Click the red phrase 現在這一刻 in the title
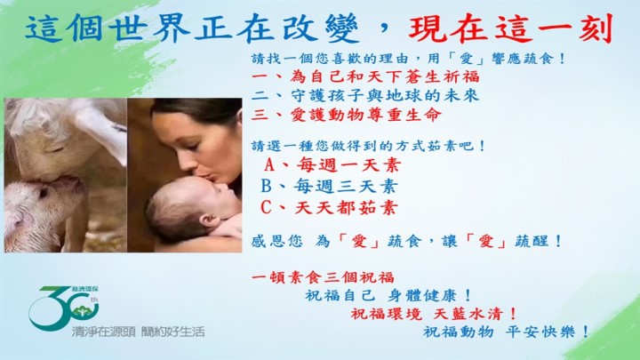pyautogui.click(x=511, y=29)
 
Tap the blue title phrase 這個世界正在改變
pyautogui.click(x=192, y=29)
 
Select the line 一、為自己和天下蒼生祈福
pyautogui.click(x=365, y=76)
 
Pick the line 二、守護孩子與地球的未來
pyautogui.click(x=365, y=95)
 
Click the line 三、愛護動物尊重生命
pyautogui.click(x=347, y=115)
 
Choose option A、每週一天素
pyautogui.click(x=332, y=165)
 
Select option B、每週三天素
pyautogui.click(x=329, y=186)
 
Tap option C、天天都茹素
pyautogui.click(x=329, y=208)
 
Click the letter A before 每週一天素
pyautogui.click(x=269, y=165)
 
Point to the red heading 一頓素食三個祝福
pyautogui.click(x=323, y=277)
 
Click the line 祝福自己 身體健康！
pyautogui.click(x=388, y=295)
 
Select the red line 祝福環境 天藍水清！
pyautogui.click(x=434, y=314)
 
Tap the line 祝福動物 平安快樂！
pyautogui.click(x=506, y=332)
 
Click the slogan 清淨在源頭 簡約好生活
pyautogui.click(x=138, y=332)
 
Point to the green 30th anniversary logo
pyautogui.click(x=64, y=308)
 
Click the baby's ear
pyautogui.click(x=207, y=221)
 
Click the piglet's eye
pyautogui.click(x=43, y=192)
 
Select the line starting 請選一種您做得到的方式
pyautogui.click(x=368, y=146)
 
